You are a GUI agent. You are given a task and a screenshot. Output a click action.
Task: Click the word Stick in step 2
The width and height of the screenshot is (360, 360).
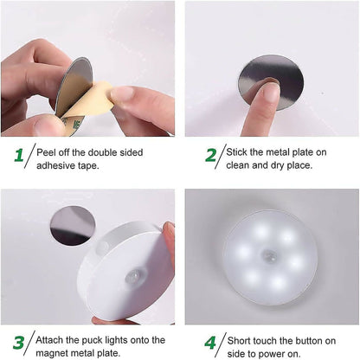(240, 151)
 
